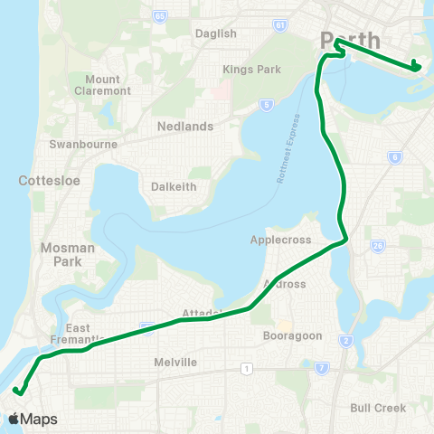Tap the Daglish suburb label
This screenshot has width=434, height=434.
click(x=215, y=33)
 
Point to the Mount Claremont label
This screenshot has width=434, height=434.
click(x=101, y=86)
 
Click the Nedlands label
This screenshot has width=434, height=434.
click(x=184, y=127)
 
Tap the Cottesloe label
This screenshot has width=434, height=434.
click(x=49, y=181)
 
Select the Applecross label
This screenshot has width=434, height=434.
click(x=281, y=241)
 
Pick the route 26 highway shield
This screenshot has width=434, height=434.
click(x=377, y=245)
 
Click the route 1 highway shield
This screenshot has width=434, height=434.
click(x=245, y=367)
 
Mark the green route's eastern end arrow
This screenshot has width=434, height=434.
click(x=415, y=65)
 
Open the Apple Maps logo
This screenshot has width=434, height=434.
click(x=32, y=419)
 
